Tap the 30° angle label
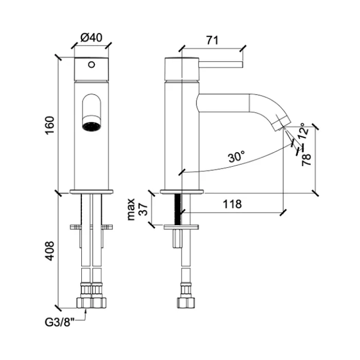[x=236, y=156]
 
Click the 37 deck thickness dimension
[x=143, y=209]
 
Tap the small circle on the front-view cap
[x=92, y=65]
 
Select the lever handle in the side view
[x=221, y=65]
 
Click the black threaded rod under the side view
[x=180, y=209]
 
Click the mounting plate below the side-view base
[x=181, y=226]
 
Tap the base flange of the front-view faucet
[x=92, y=192]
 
